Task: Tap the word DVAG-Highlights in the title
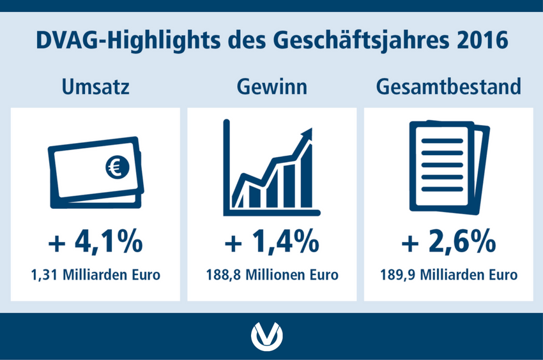click(128, 41)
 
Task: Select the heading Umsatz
click(96, 87)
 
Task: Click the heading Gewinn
click(272, 87)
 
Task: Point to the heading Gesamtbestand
click(448, 87)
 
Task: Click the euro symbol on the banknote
click(118, 167)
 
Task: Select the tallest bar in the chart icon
click(307, 176)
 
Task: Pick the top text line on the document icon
click(442, 141)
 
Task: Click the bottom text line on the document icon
click(442, 189)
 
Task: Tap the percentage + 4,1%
click(96, 241)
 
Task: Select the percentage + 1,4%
click(272, 241)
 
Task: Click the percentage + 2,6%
click(448, 241)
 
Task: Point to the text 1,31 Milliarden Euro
click(96, 275)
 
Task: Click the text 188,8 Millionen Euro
click(272, 275)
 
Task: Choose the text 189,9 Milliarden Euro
click(448, 275)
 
